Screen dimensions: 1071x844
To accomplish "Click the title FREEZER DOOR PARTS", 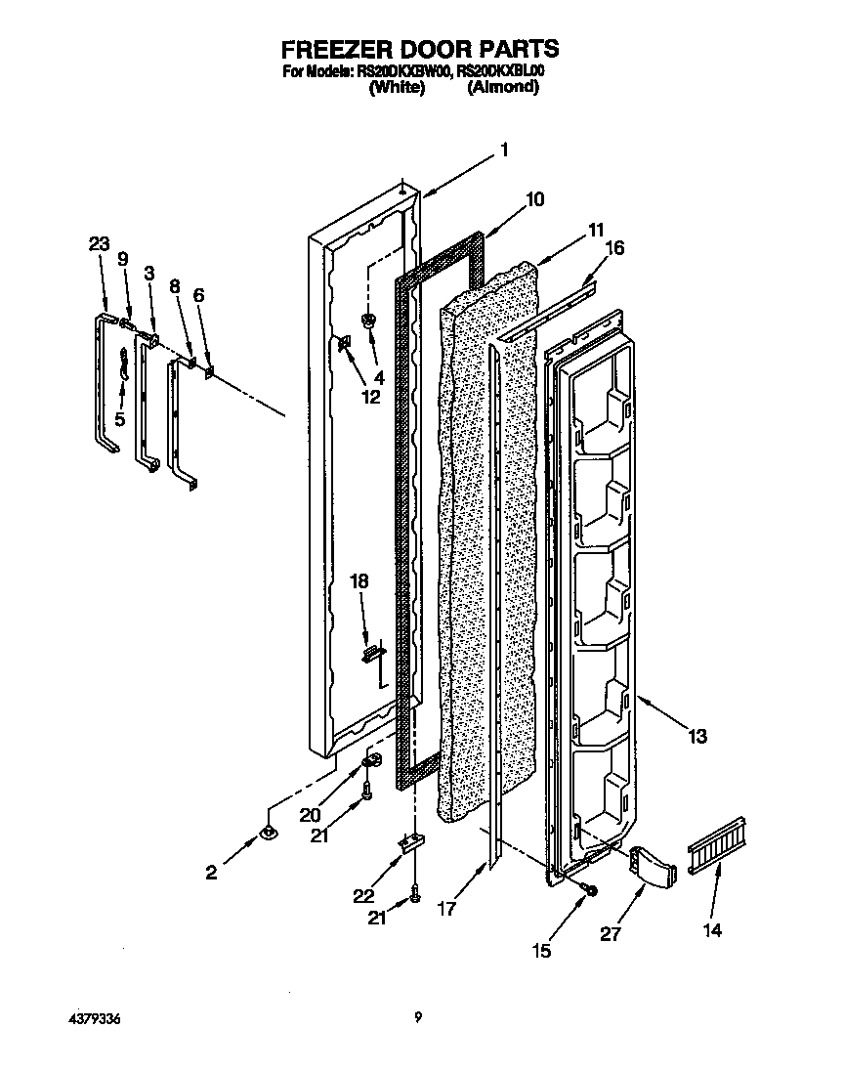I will click(420, 48).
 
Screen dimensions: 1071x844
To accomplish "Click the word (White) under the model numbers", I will click(397, 87).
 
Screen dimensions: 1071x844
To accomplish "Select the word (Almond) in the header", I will click(503, 87).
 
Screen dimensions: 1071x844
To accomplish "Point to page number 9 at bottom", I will click(417, 1018).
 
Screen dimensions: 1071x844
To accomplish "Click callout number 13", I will click(696, 737).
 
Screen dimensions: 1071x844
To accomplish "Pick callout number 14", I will click(712, 930).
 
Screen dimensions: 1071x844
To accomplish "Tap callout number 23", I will click(100, 246).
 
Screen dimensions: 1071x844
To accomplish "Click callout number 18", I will click(359, 581).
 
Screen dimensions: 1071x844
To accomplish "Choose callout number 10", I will click(534, 199).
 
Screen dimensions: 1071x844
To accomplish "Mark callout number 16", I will click(613, 249).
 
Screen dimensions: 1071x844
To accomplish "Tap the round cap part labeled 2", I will click(266, 833).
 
